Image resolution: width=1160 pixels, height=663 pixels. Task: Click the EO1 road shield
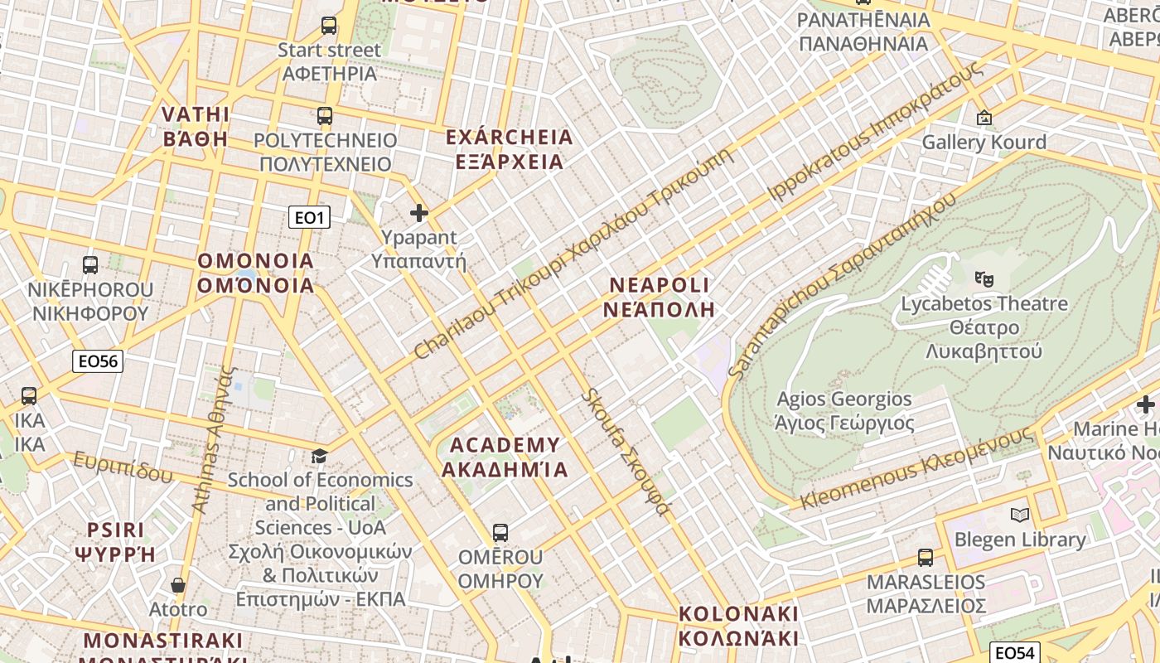[309, 218]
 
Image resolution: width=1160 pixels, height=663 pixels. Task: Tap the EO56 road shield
[98, 361]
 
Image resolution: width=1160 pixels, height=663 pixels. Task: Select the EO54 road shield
[1015, 652]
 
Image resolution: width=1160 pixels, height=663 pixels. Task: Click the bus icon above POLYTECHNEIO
[325, 116]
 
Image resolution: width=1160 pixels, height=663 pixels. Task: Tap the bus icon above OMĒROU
[500, 532]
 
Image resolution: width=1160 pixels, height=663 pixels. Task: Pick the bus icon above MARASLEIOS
[926, 558]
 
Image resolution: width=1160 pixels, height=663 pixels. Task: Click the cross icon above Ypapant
[419, 213]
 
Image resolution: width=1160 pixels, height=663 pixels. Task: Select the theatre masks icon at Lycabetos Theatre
[984, 278]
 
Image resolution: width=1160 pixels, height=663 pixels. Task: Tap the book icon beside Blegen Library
[1020, 515]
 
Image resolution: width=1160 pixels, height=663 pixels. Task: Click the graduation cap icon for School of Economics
[319, 456]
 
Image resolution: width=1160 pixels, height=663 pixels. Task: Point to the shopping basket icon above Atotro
[177, 585]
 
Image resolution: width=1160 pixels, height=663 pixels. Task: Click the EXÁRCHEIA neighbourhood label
[509, 149]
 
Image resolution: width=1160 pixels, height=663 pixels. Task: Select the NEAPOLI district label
[660, 298]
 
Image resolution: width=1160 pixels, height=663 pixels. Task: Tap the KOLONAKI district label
[738, 626]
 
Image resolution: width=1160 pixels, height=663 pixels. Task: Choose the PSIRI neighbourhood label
[115, 542]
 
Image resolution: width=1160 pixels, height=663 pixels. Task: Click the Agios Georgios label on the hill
[844, 411]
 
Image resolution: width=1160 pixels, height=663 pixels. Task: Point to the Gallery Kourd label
[984, 143]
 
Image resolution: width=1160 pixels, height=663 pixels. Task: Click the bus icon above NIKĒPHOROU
[90, 265]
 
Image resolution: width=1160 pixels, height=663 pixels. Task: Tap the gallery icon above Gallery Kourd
[984, 119]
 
